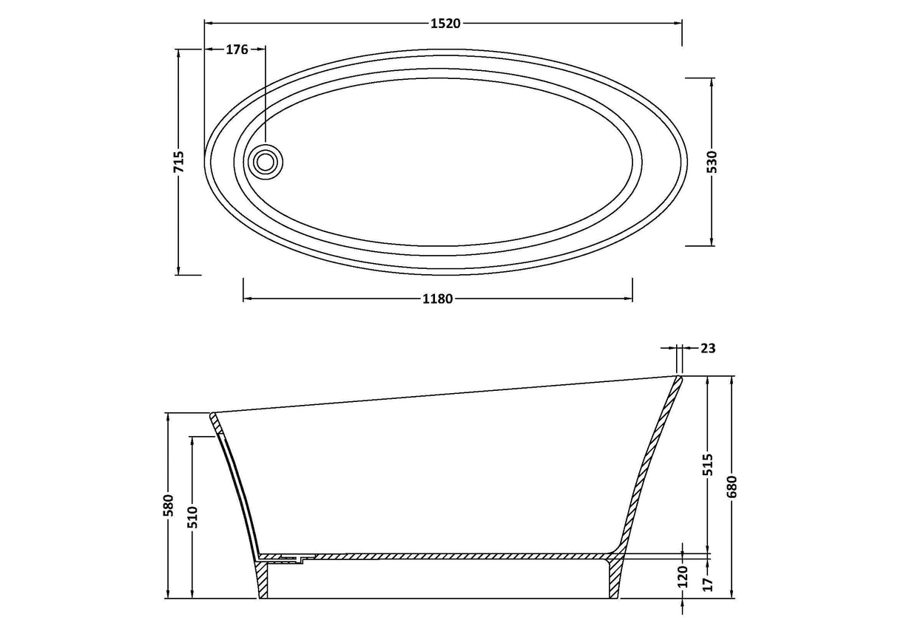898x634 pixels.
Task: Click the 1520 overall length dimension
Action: pos(445,24)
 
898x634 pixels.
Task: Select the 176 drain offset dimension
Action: pos(237,50)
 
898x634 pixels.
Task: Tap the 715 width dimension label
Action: pos(179,162)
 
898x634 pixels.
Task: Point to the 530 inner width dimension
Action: pos(712,162)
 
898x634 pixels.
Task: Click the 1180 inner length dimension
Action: pos(437,299)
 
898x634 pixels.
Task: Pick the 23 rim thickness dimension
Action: pos(708,349)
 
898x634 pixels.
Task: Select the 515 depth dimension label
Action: pos(709,465)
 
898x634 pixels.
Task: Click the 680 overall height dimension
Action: pos(732,487)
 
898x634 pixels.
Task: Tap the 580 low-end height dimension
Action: pos(169,505)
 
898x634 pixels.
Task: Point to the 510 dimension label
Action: pos(193,517)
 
